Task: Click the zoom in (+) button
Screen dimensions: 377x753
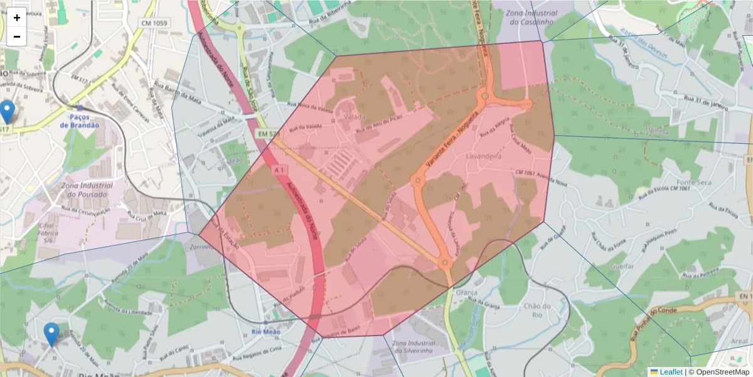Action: pos(17,18)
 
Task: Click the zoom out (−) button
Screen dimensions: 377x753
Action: pos(17,36)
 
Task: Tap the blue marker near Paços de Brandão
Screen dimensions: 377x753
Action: pos(7,112)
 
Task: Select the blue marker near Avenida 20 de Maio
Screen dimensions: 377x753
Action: pos(51,334)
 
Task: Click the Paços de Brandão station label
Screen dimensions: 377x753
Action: pos(80,121)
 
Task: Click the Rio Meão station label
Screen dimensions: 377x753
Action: pos(265,332)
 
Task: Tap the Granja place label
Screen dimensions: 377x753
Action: pos(467,293)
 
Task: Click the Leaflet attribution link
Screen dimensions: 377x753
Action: pos(670,372)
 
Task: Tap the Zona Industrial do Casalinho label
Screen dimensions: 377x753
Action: pos(530,17)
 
